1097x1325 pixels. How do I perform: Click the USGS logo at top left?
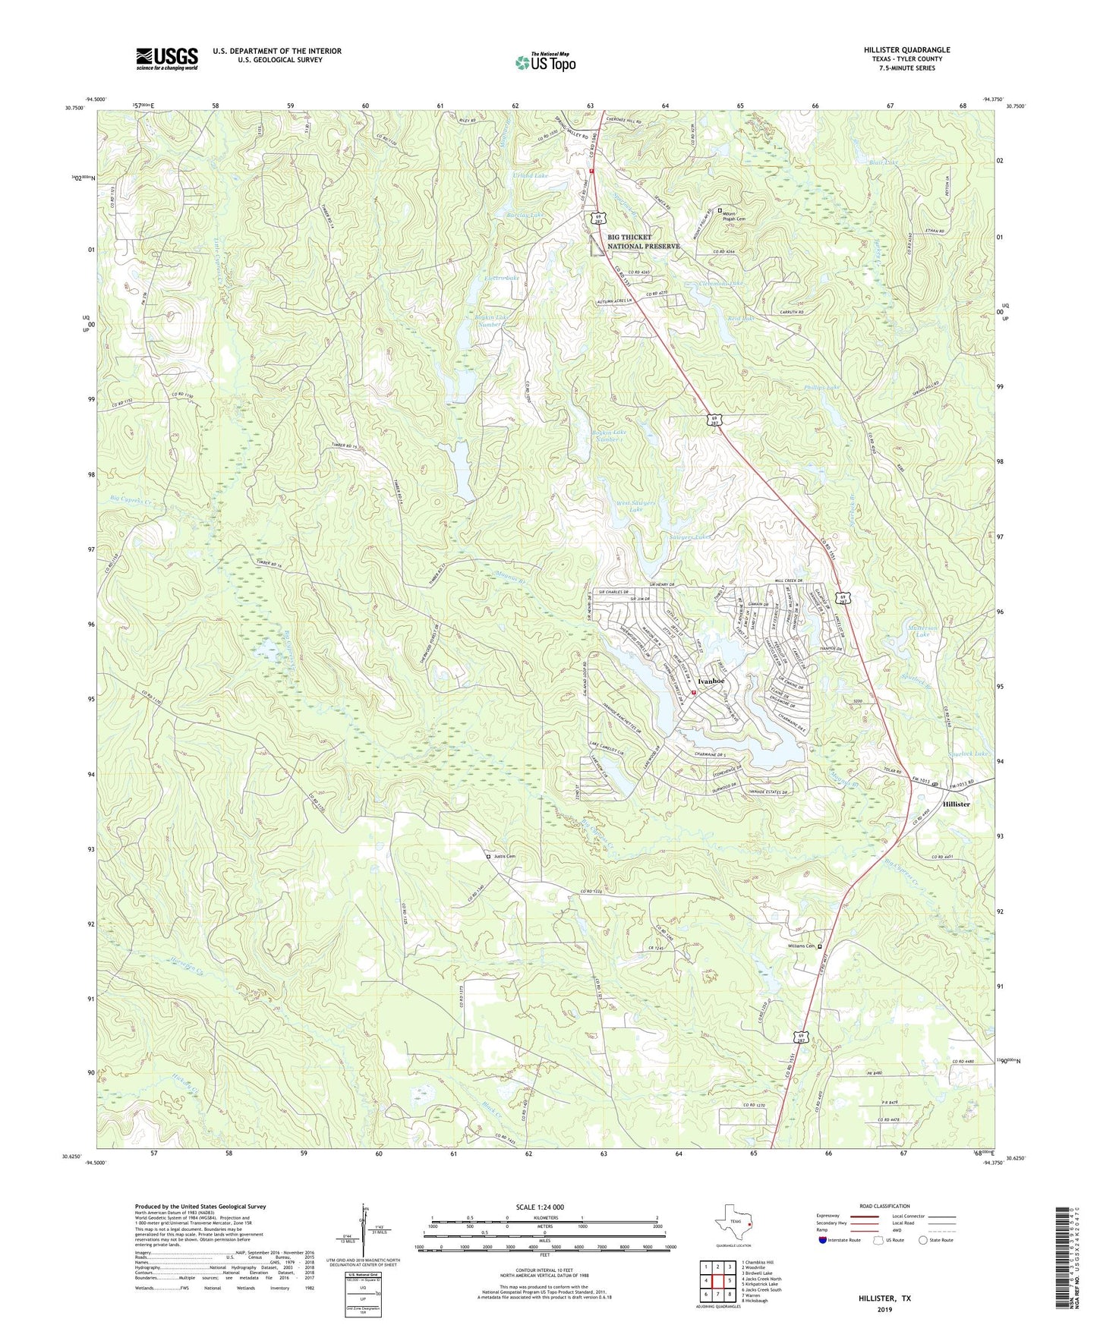click(167, 58)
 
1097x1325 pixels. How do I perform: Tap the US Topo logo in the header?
click(544, 62)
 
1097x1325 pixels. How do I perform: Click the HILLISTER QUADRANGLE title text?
click(906, 50)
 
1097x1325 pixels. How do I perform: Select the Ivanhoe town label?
click(712, 681)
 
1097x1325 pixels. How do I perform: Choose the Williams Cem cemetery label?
click(799, 946)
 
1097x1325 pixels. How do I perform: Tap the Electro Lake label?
click(503, 279)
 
